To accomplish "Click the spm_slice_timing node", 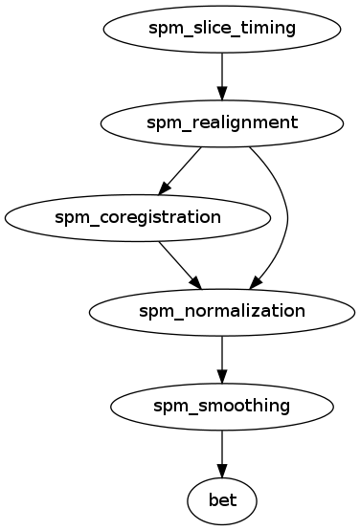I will coord(222,28).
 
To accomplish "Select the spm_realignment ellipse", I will coord(222,122).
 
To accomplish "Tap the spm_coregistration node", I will coord(137,216).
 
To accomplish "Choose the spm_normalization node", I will coord(222,310).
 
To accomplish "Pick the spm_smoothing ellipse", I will coord(222,405).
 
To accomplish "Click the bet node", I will coord(222,498).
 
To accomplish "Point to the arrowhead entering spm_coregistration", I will coord(166,185).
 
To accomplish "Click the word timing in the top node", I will coord(272,28).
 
